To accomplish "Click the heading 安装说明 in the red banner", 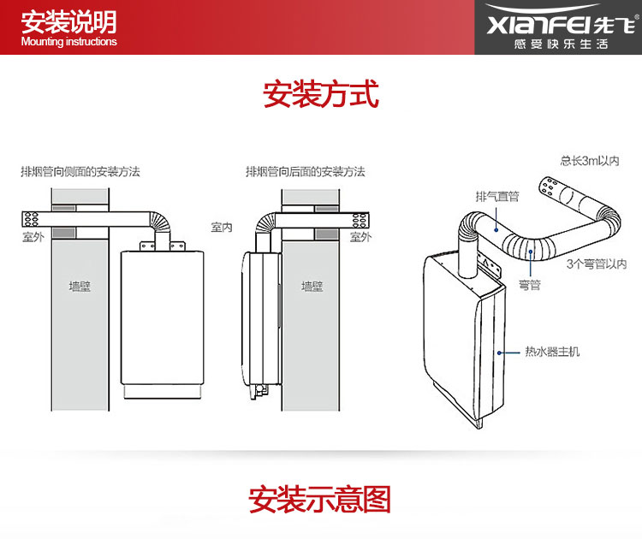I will (68, 21).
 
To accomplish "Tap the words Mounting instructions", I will (68, 42).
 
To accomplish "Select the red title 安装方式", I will (321, 93).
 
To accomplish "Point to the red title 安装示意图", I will (320, 499).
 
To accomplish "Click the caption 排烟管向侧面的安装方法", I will (80, 172).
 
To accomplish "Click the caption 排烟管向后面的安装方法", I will (306, 172).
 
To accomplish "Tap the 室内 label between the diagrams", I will (222, 228).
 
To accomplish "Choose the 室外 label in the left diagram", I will (33, 237).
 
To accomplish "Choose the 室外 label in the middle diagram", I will (360, 237).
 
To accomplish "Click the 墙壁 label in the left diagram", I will (80, 287).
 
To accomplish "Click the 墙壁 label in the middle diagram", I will (312, 287).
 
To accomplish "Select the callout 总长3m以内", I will (589, 160).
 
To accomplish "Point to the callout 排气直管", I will (497, 197).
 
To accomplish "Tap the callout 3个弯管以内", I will (597, 264).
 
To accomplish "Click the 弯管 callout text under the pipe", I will (530, 285).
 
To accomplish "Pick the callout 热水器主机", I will (553, 352).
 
